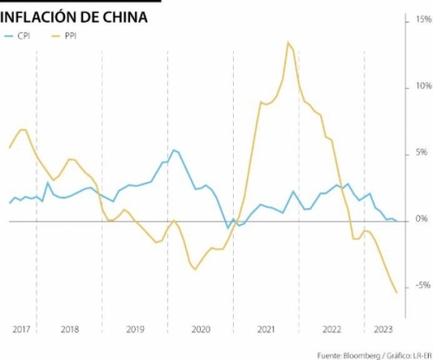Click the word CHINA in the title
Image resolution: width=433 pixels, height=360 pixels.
point(125,17)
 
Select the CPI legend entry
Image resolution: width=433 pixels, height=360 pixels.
point(17,36)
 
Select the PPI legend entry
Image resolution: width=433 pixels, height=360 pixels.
point(64,36)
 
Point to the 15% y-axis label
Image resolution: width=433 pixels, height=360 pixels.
point(423,19)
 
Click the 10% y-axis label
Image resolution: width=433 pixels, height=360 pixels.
point(423,86)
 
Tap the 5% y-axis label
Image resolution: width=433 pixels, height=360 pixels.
point(422,152)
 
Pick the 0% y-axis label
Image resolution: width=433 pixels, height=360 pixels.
point(422,219)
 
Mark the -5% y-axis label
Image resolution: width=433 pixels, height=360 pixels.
point(423,286)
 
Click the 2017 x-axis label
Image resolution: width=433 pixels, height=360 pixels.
point(22,329)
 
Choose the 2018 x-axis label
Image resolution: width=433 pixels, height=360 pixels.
point(70,329)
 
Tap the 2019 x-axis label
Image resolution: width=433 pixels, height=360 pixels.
point(135,329)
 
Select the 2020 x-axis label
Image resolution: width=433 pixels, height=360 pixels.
point(201,329)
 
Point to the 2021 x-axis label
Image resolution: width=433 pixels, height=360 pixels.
point(266,329)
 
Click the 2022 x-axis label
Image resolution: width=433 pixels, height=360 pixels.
point(332,329)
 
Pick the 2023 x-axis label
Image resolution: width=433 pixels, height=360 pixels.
point(384,329)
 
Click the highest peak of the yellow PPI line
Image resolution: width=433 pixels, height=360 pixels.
point(288,42)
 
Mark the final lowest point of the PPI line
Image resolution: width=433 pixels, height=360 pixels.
point(397,292)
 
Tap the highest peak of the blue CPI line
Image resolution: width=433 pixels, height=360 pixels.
point(173,150)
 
